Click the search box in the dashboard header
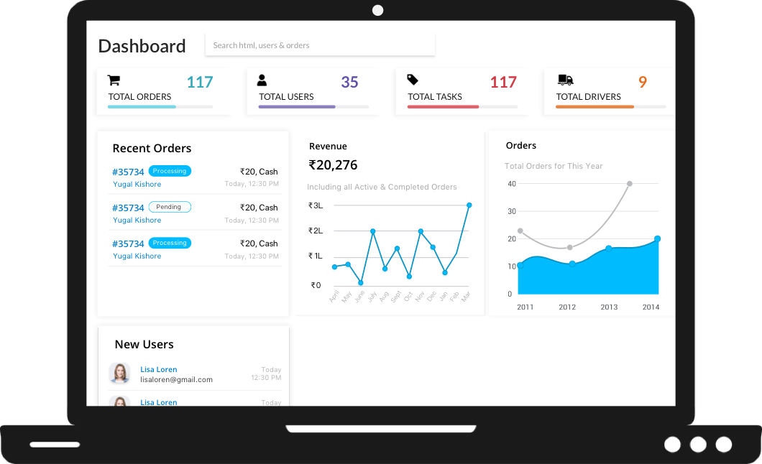320,45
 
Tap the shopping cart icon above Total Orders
114,80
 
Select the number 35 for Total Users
349,83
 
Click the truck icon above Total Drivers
565,80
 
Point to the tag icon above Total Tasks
413,80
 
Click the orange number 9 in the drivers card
643,83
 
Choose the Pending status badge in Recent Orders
170,207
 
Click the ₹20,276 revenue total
333,165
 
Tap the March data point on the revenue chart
469,205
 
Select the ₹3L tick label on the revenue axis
316,205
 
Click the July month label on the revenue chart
372,295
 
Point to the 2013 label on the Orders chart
609,307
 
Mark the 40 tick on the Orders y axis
512,184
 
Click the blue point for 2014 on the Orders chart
657,238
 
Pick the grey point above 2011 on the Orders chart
520,231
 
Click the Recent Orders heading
152,149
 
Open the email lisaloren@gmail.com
176,379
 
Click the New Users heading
144,345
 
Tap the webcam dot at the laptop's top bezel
378,10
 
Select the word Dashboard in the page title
142,46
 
